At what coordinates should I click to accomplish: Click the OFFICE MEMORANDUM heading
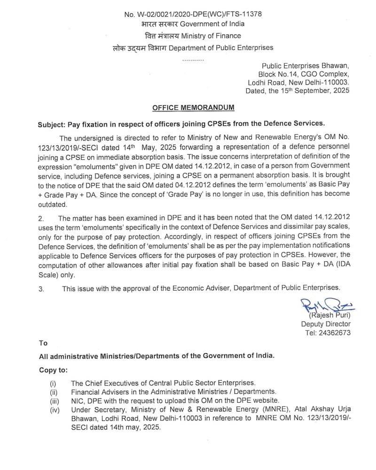(193, 108)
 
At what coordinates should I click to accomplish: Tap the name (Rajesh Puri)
(326, 316)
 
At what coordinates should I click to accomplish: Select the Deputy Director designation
(326, 324)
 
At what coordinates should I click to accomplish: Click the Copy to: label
(53, 370)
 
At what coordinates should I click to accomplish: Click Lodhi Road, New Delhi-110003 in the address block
(298, 83)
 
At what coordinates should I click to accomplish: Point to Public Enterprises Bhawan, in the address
(305, 66)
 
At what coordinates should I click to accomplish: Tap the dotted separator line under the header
(193, 60)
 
